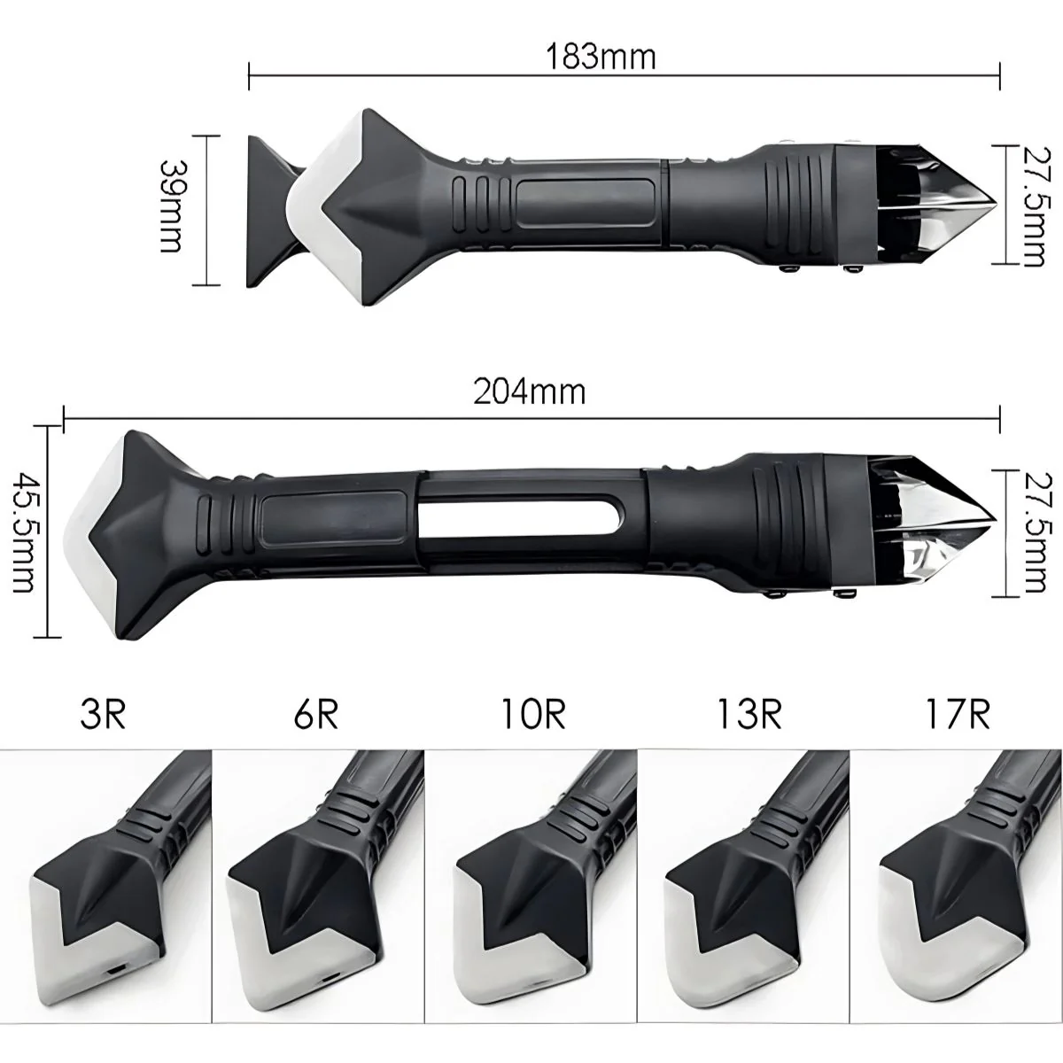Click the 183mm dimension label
601,57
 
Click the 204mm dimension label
529,392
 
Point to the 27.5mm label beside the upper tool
1036,206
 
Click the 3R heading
103,715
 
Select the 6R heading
316,715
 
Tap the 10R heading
534,715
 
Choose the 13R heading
749,715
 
